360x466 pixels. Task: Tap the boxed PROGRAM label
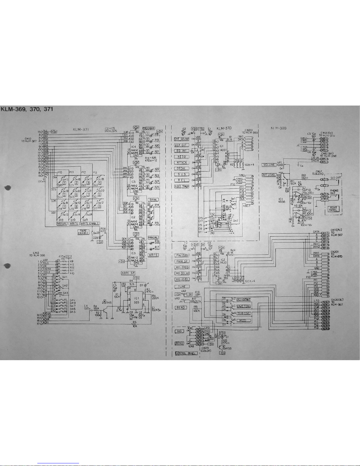pos(149,128)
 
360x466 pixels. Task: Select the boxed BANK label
pos(153,200)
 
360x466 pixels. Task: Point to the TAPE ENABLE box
pos(83,232)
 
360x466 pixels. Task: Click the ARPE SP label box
pos(128,273)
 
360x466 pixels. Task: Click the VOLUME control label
pos(269,165)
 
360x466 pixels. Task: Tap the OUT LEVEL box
pos(269,175)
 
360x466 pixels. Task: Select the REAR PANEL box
pos(333,209)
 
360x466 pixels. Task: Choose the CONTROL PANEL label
pos(186,353)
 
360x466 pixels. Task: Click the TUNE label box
pos(182,287)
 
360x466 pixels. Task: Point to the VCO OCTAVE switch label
pos(244,300)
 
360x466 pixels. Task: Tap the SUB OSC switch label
pos(243,313)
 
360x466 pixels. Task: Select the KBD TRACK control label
pos(182,186)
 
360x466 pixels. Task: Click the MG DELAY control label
pos(182,273)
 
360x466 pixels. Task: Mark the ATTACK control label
pos(181,163)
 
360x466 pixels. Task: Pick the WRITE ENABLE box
pos(90,223)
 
